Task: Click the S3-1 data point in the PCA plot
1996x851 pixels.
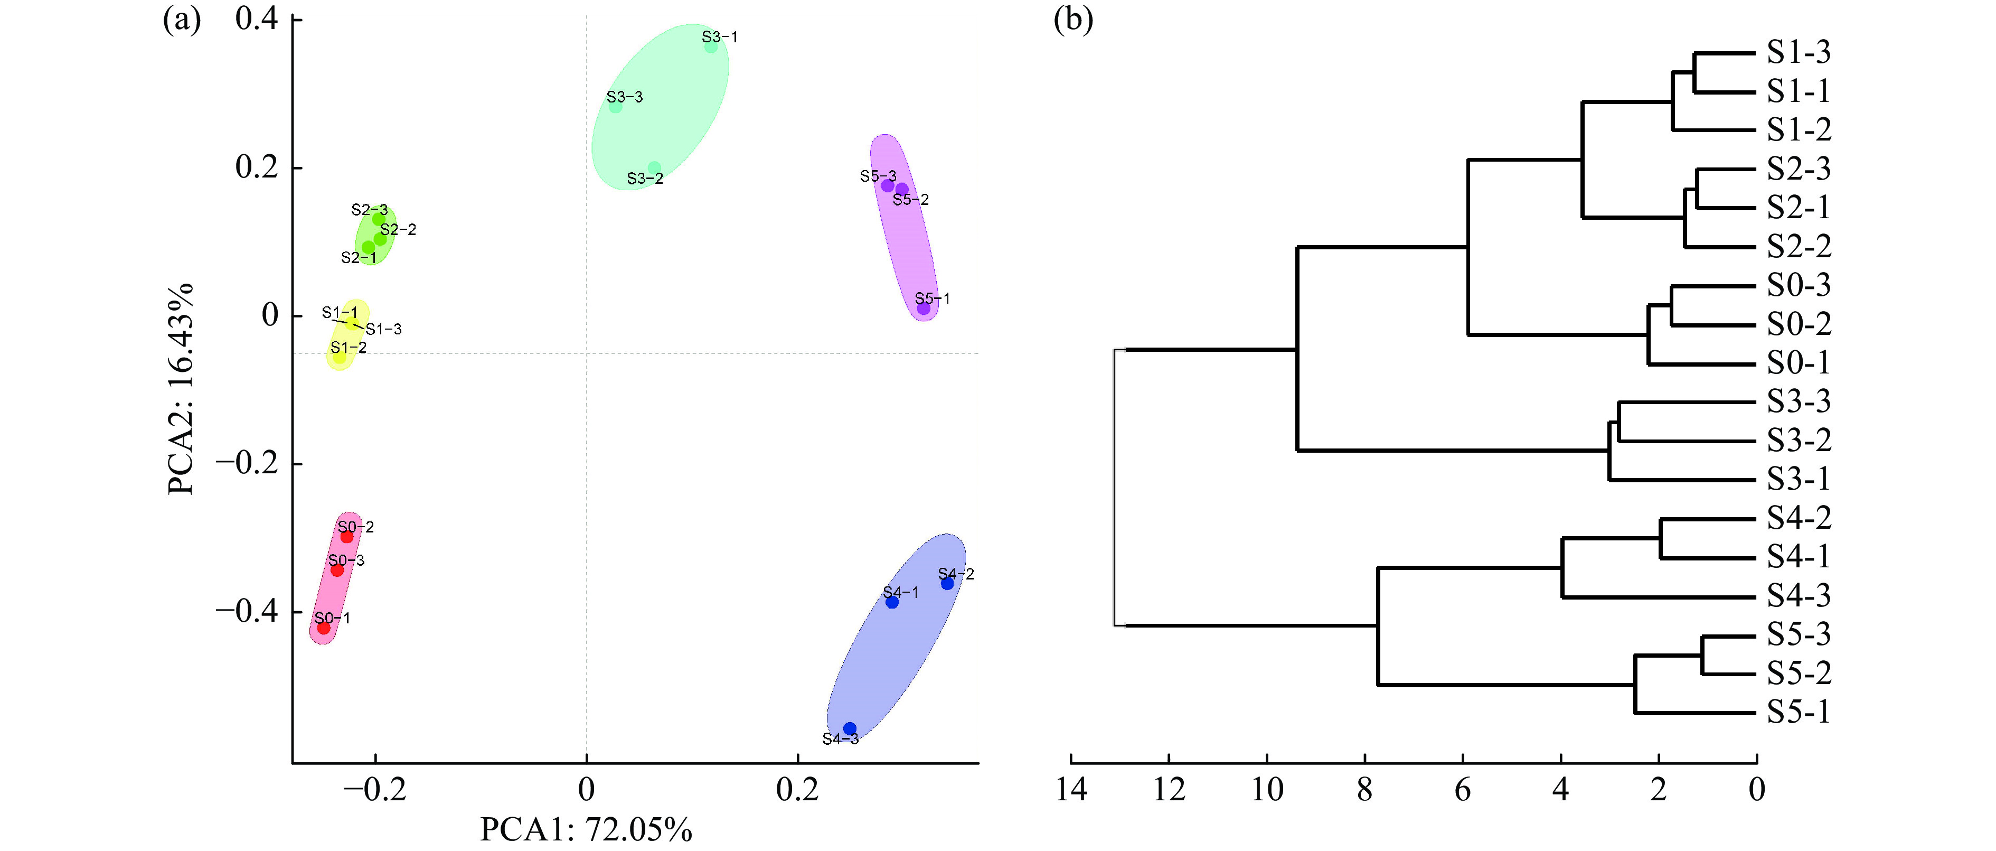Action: (711, 46)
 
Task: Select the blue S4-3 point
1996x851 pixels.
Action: (849, 728)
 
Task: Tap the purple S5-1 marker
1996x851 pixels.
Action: (924, 308)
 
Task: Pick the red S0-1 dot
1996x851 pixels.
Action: (324, 628)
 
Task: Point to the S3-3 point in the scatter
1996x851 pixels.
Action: (615, 106)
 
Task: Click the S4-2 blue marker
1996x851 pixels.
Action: (947, 584)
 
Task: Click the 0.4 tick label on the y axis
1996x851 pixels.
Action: (257, 18)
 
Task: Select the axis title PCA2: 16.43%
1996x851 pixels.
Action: (181, 389)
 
